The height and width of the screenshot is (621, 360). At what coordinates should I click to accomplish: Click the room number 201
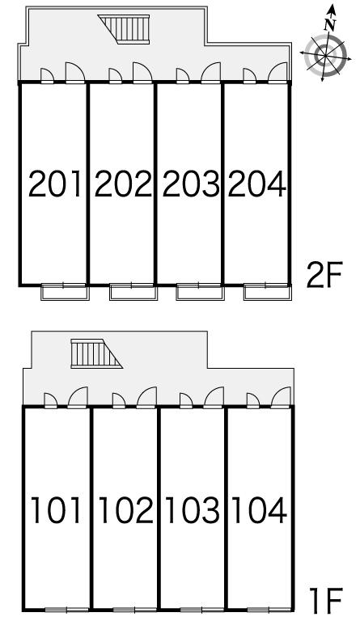pos(55,184)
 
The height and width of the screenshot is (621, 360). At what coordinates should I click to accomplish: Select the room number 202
pos(123,184)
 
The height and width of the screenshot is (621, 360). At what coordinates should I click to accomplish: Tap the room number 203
pos(191,184)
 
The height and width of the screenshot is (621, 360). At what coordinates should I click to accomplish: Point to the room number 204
pos(256,184)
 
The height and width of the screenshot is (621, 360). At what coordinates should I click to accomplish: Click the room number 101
pos(56,510)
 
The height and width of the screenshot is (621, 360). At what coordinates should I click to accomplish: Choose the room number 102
pos(125,510)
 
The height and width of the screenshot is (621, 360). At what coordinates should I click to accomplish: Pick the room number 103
pos(193,510)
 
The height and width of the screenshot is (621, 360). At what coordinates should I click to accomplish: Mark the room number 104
pos(259,510)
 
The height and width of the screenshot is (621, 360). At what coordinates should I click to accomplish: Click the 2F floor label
pos(324,274)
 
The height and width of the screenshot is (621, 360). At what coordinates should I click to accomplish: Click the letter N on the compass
pos(329,25)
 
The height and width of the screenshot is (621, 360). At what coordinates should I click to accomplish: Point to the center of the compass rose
pos(325,55)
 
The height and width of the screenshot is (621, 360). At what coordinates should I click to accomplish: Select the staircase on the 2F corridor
pos(124,29)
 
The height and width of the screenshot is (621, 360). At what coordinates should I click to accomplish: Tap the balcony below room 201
pos(66,292)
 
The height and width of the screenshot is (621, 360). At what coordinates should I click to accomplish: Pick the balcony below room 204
pos(267,292)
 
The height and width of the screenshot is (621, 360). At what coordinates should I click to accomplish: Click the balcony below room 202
pos(133,292)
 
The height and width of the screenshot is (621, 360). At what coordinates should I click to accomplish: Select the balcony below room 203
pos(200,292)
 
